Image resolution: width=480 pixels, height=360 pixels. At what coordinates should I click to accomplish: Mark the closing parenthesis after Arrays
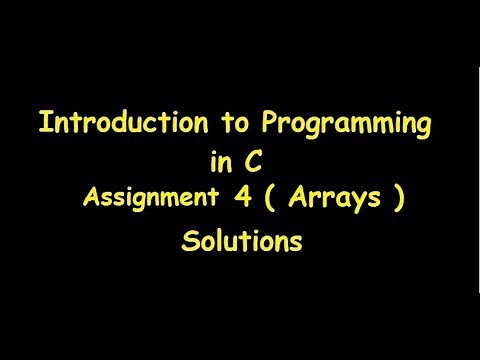pos(398,197)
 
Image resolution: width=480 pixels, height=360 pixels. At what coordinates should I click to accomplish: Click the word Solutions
pos(241,240)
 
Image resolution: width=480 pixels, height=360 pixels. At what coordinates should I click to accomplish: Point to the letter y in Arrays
pos(358,200)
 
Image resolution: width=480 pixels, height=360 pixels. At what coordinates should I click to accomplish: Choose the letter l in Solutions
pos(218,239)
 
